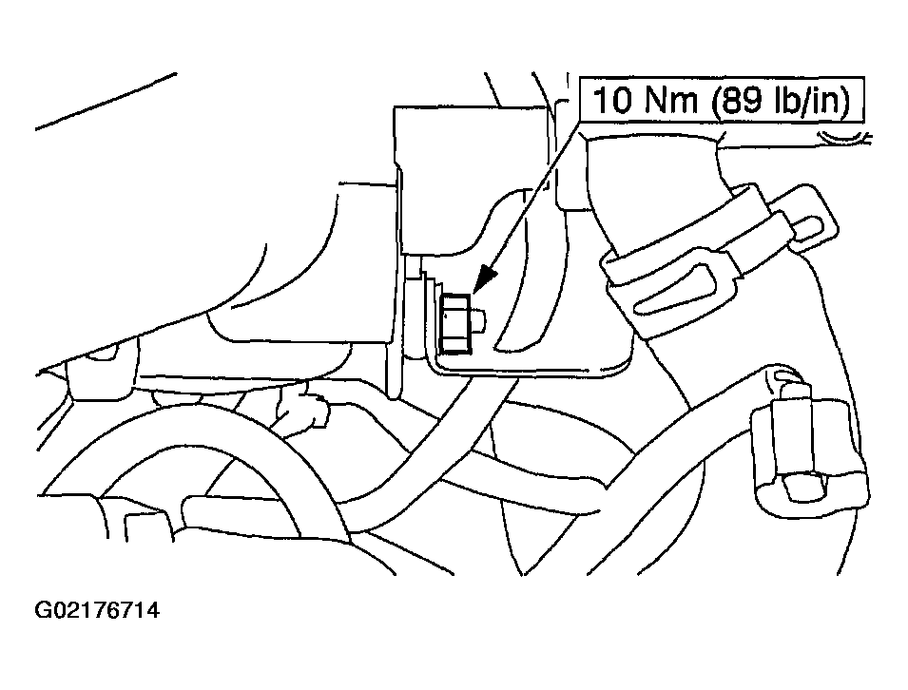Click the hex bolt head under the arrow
[455, 323]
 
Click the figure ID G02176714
[97, 609]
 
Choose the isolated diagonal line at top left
[106, 102]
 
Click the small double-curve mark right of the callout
[843, 139]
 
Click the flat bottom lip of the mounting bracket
[530, 368]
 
